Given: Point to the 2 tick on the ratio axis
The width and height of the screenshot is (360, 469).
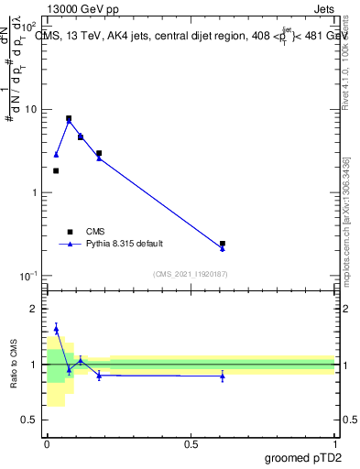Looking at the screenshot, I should pos(34,309).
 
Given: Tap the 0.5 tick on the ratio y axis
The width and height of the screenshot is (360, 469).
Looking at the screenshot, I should pos(29,420).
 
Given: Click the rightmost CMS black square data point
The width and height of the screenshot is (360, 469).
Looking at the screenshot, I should pos(223,244).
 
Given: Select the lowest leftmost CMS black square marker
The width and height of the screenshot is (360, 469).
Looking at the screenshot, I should pos(56,170).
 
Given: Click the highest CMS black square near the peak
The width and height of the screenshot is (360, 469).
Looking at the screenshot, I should pos(69,118).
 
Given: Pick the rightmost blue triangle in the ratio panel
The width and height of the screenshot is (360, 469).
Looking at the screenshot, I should pos(223,376).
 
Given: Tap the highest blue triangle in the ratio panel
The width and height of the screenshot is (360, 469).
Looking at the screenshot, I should pos(56,329).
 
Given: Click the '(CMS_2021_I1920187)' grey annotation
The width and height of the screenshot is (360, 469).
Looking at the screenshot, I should pos(191,273).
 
